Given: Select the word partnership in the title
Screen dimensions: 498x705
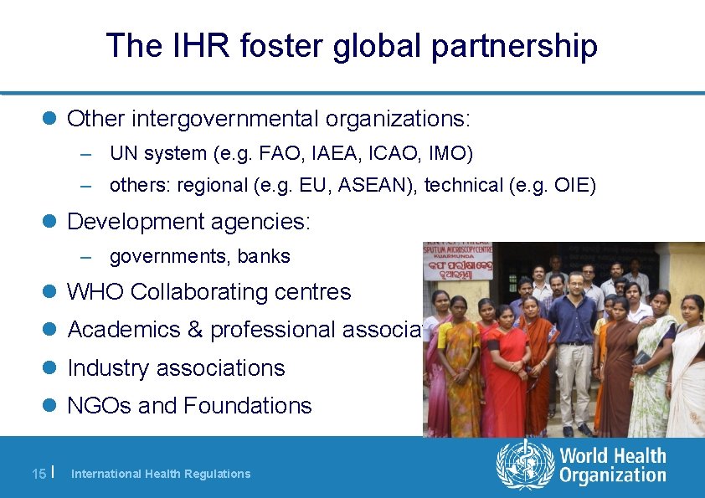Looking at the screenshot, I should [515, 47].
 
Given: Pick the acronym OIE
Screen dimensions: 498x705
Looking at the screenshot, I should [572, 185].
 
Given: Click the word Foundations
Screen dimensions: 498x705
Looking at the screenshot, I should [247, 406].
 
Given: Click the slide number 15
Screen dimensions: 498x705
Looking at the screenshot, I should [39, 474].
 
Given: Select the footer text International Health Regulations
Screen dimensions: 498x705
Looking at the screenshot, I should [161, 474].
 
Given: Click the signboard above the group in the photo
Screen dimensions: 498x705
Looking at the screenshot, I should [458, 262].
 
